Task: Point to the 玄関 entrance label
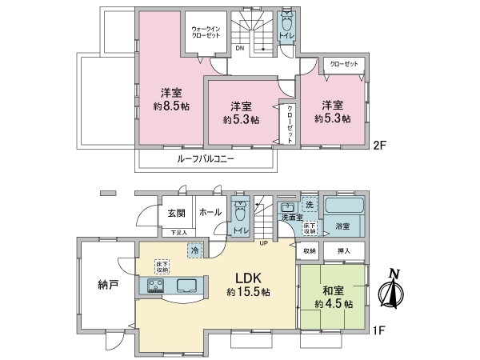(177, 213)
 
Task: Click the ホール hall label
(210, 213)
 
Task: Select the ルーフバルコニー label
(205, 158)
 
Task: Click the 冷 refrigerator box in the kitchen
(194, 250)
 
